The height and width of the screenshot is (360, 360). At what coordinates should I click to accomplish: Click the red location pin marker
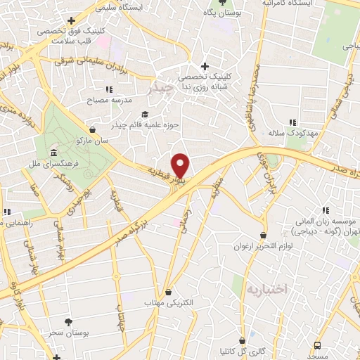click(x=181, y=165)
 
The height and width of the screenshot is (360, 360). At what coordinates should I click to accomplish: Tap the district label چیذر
click(x=161, y=89)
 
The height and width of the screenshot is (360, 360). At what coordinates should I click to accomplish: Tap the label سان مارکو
click(x=94, y=141)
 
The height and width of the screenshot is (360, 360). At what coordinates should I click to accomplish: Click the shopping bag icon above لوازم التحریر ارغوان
click(x=263, y=235)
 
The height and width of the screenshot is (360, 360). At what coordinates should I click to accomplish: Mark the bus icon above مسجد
click(x=317, y=345)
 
